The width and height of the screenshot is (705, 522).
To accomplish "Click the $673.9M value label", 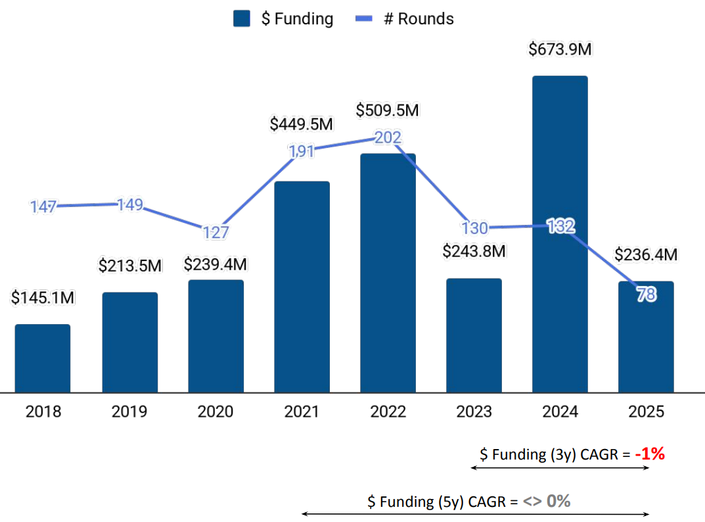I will [560, 49].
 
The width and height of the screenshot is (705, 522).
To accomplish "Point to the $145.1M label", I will [43, 298].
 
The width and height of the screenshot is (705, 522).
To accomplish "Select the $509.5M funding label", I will [388, 110].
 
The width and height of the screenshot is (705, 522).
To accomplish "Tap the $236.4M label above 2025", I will [646, 254].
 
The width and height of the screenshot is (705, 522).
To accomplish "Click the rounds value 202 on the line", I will [388, 137].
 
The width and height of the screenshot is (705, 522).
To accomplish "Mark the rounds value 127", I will [216, 232].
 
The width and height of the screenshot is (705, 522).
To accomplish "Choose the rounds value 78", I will [646, 295].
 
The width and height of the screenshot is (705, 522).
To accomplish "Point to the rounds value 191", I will [302, 151].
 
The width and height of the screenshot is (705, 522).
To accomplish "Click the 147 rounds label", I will [43, 207].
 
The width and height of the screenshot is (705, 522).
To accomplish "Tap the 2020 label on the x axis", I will [216, 412].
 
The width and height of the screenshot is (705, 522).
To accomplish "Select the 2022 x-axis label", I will [388, 412].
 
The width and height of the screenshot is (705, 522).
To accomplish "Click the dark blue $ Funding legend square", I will [242, 19].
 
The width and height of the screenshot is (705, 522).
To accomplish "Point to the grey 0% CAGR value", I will [558, 501].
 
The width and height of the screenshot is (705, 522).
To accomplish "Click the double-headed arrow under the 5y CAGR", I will [475, 514].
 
